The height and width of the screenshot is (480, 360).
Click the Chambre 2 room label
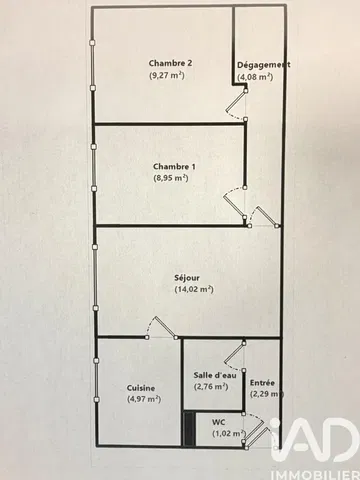[170, 63]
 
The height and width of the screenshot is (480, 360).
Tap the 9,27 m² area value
[167, 75]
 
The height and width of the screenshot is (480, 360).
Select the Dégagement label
[263, 65]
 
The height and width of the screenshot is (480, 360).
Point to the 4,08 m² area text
[255, 77]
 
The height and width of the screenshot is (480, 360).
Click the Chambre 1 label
[174, 166]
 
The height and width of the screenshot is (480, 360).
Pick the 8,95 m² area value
[171, 178]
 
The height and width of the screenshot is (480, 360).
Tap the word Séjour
[187, 278]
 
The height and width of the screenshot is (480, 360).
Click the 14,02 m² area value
[194, 289]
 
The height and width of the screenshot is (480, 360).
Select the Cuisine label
[141, 388]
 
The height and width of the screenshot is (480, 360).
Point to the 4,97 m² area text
[144, 399]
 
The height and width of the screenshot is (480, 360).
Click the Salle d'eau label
[215, 375]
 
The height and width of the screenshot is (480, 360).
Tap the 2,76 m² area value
[211, 387]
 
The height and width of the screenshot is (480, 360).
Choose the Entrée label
[262, 383]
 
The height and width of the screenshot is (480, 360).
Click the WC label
[219, 422]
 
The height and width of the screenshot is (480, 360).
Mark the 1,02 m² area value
[229, 434]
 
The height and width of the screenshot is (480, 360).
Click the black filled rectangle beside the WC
[190, 429]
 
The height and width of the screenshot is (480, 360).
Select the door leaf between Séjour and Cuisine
[165, 327]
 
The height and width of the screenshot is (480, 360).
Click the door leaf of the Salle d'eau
[234, 353]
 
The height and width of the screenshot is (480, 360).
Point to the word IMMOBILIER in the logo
[316, 475]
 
